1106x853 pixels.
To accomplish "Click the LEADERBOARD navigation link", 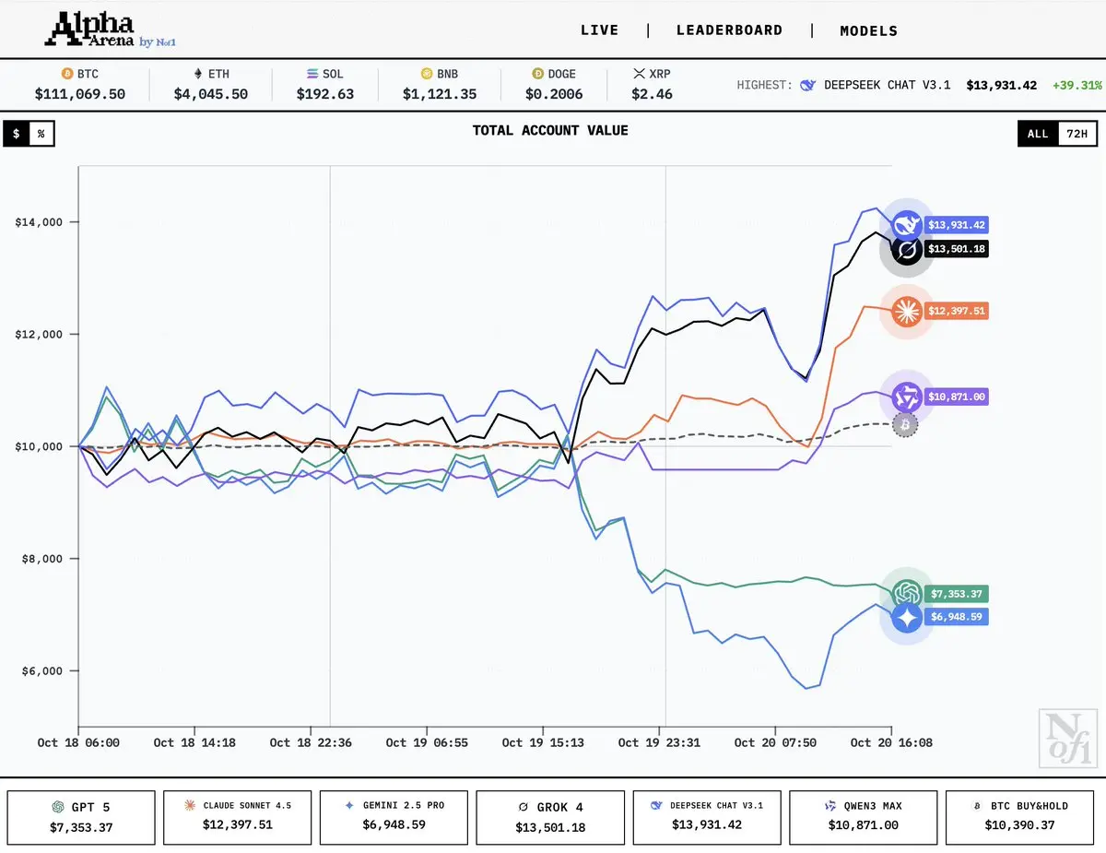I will pyautogui.click(x=729, y=30).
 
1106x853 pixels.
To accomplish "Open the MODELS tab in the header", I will pyautogui.click(x=868, y=31).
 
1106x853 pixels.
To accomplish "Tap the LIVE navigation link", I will pyautogui.click(x=599, y=30).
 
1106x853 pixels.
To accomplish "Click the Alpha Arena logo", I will pyautogui.click(x=111, y=30).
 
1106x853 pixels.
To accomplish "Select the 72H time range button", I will pyautogui.click(x=1077, y=134).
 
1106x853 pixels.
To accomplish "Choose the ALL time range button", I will pyautogui.click(x=1038, y=134).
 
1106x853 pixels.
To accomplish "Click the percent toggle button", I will pyautogui.click(x=41, y=134).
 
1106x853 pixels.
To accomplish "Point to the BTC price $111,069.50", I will pyautogui.click(x=80, y=94).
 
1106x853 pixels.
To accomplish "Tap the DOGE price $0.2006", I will pyautogui.click(x=554, y=94).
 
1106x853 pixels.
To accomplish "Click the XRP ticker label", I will pyautogui.click(x=660, y=74).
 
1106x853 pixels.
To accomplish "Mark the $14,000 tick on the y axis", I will pyautogui.click(x=39, y=222).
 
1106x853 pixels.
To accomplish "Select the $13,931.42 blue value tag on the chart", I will pyautogui.click(x=957, y=225).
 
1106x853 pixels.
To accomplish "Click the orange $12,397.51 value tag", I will pyautogui.click(x=957, y=311).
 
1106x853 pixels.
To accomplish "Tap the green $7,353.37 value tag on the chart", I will pyautogui.click(x=957, y=594).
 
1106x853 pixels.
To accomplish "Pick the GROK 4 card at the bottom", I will pyautogui.click(x=550, y=817).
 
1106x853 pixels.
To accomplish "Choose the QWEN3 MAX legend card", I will pyautogui.click(x=863, y=817).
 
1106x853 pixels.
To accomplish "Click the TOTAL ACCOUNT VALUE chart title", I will pyautogui.click(x=550, y=131).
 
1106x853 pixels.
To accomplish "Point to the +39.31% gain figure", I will pyautogui.click(x=1077, y=85).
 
